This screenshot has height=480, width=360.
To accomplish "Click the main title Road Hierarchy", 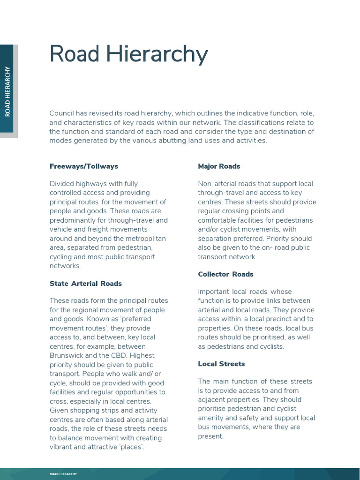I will click(x=128, y=54).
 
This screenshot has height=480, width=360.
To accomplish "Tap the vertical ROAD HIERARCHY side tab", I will click(x=7, y=91).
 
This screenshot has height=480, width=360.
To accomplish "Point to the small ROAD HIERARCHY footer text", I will click(x=63, y=474).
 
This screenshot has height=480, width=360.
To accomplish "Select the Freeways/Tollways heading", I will click(x=84, y=166).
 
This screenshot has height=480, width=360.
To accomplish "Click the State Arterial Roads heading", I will click(x=86, y=283).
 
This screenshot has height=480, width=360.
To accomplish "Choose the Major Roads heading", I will click(x=219, y=166).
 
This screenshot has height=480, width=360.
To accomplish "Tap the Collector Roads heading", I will click(x=225, y=274).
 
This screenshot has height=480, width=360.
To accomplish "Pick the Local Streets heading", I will click(x=221, y=364).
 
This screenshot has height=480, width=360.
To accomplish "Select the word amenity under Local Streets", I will click(x=212, y=418).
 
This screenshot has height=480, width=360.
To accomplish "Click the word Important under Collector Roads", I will click(x=213, y=292).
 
